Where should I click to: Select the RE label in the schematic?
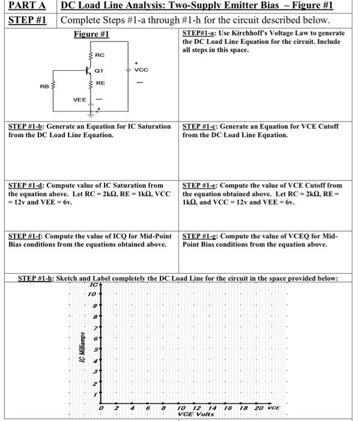pyautogui.click(x=100, y=83)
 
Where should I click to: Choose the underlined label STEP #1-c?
pyautogui.click(x=201, y=127)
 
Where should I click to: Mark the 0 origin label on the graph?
pyautogui.click(x=103, y=408)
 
